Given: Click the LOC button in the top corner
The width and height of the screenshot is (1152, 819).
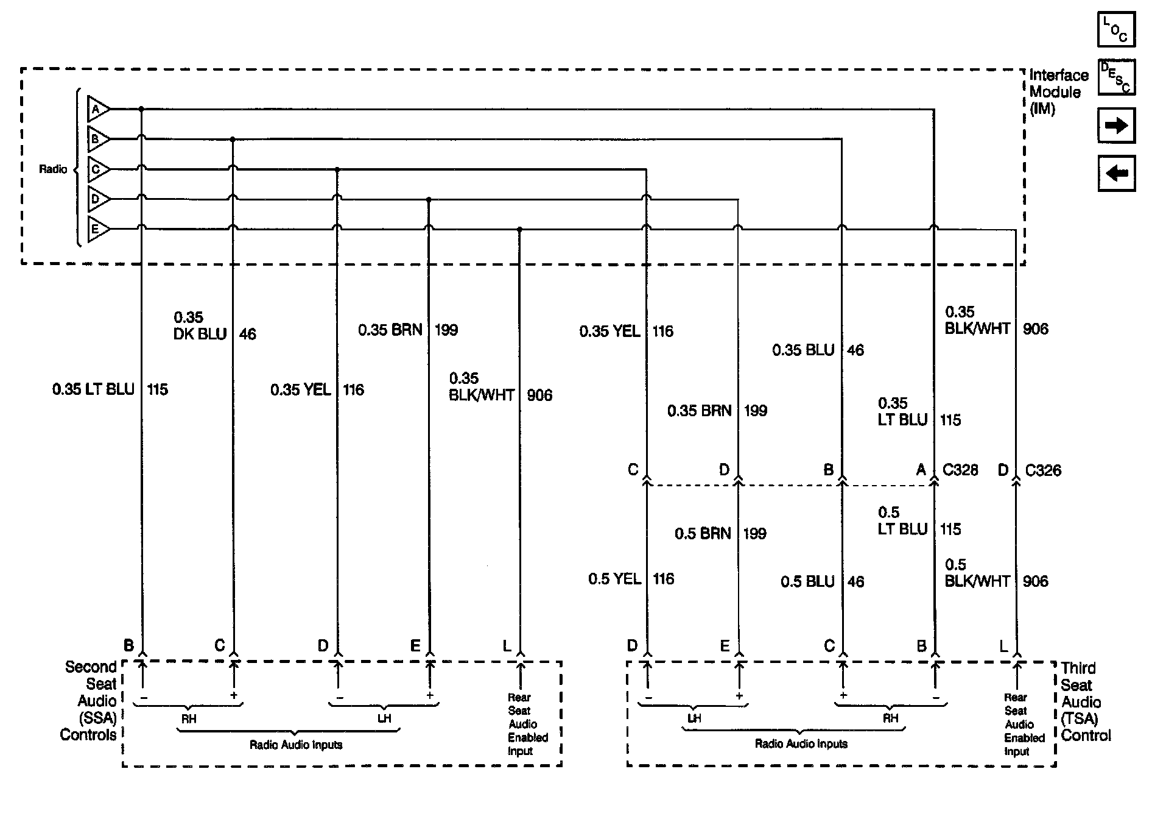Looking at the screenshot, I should coord(1116,29).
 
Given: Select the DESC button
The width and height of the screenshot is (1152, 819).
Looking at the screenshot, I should coord(1116,77).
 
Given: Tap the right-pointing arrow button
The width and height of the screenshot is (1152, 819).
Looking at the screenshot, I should coord(1116,126).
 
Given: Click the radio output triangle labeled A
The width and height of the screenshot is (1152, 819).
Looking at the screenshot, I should coord(97,110).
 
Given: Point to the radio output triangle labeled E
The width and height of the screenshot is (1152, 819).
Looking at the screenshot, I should coord(97,230).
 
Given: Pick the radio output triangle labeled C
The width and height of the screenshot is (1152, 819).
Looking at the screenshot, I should coord(97,169).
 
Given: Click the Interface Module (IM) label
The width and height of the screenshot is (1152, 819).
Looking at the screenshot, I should coord(1058,92).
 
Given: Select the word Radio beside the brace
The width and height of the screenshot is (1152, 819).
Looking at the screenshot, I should coord(53,169).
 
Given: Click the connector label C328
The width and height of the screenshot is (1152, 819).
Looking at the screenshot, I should coord(960,470).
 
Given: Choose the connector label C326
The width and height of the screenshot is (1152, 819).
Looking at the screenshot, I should coord(1043,470).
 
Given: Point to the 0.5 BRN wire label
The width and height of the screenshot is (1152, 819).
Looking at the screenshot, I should coord(703,534).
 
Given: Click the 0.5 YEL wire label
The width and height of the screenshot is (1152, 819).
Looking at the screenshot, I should coord(614,579).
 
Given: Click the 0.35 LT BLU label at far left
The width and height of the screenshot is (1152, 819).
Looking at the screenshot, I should coord(93,389).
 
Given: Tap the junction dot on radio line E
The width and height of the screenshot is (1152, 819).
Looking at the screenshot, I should coord(519,230).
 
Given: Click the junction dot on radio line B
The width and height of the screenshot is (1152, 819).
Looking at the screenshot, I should coord(233,140).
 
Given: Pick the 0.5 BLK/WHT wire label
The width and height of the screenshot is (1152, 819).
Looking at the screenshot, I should coord(977,573).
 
